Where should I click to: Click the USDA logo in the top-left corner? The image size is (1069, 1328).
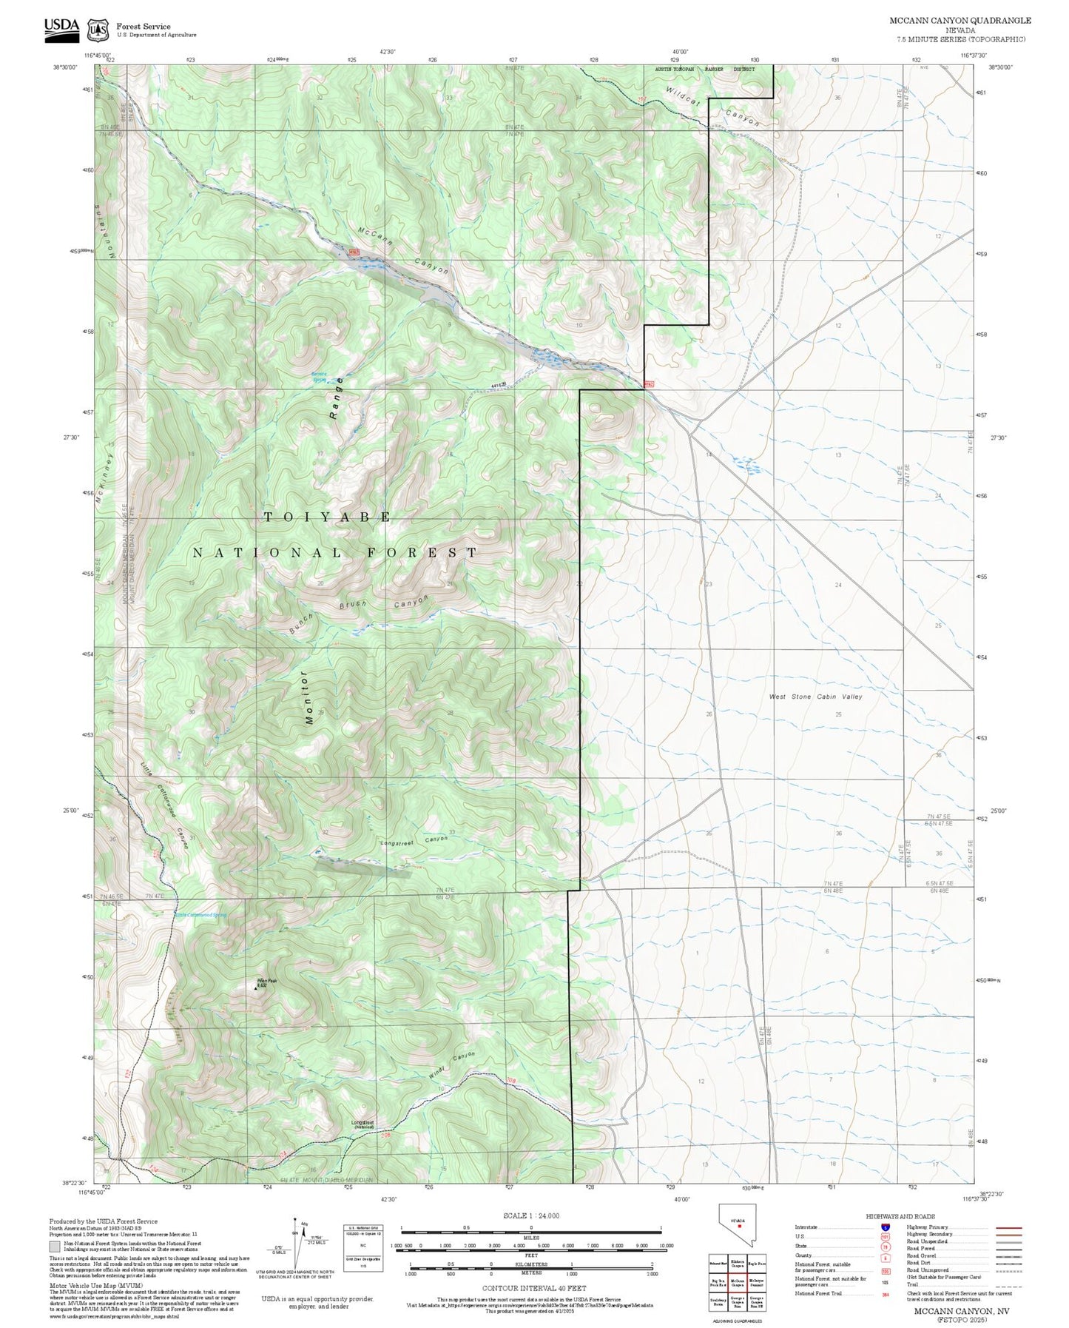pyautogui.click(x=61, y=27)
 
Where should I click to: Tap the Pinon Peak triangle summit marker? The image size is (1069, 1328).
pyautogui.click(x=257, y=987)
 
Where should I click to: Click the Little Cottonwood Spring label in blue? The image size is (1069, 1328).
pyautogui.click(x=200, y=916)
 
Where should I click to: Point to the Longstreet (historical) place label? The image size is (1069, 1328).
pyautogui.click(x=363, y=1124)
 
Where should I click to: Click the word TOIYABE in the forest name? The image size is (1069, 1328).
pyautogui.click(x=328, y=517)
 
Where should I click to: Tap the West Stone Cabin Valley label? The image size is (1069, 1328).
pyautogui.click(x=815, y=697)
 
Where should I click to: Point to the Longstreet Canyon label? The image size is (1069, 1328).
pyautogui.click(x=414, y=842)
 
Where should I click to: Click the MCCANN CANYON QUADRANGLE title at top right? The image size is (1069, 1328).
pyautogui.click(x=960, y=21)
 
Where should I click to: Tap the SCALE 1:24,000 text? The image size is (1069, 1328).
pyautogui.click(x=531, y=1215)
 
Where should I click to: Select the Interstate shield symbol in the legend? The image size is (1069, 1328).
pyautogui.click(x=885, y=1227)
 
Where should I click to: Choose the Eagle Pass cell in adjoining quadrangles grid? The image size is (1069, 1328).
pyautogui.click(x=756, y=1264)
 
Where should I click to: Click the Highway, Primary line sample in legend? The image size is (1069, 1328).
pyautogui.click(x=1008, y=1227)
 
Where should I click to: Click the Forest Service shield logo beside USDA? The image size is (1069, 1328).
pyautogui.click(x=97, y=30)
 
